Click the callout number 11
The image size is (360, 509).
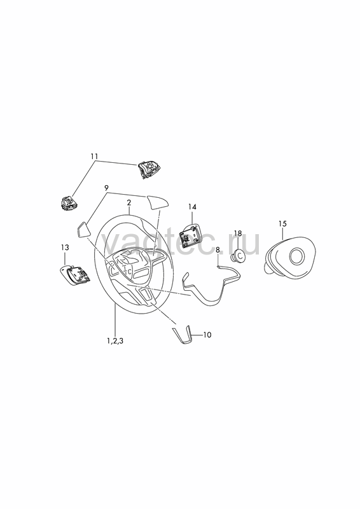[x=94, y=156]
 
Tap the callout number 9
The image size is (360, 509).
[x=106, y=188]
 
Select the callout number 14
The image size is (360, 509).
[x=192, y=207]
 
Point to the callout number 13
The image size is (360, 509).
[x=65, y=248]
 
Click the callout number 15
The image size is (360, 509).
[x=282, y=224]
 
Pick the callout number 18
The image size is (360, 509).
[x=238, y=234]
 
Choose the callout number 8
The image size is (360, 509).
[x=218, y=249]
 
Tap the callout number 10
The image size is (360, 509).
[x=207, y=335]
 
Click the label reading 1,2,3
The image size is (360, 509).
[x=115, y=341]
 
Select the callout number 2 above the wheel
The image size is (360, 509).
[x=129, y=202]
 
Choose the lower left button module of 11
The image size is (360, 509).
[x=68, y=203]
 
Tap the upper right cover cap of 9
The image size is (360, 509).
[x=158, y=203]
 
